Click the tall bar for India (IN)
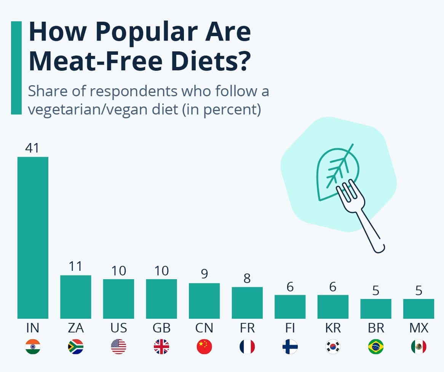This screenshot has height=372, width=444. [33, 238]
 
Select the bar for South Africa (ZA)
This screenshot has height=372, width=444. [75, 297]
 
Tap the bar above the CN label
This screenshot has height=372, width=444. [204, 300]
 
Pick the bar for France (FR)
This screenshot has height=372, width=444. [247, 302]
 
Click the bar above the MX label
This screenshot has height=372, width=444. [418, 308]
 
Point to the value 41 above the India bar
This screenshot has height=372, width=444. [32, 148]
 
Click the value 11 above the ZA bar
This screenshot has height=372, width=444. [75, 266]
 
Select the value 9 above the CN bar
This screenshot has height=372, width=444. [204, 274]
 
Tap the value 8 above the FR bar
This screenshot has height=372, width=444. [247, 278]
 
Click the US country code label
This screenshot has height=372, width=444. [118, 328]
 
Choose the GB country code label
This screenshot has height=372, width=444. [161, 328]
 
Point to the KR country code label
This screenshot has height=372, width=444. [333, 328]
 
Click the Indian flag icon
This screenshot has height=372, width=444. [33, 347]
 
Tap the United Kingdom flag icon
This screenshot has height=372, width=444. [161, 347]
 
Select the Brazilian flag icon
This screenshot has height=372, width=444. [376, 347]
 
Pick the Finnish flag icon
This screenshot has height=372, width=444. [290, 347]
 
